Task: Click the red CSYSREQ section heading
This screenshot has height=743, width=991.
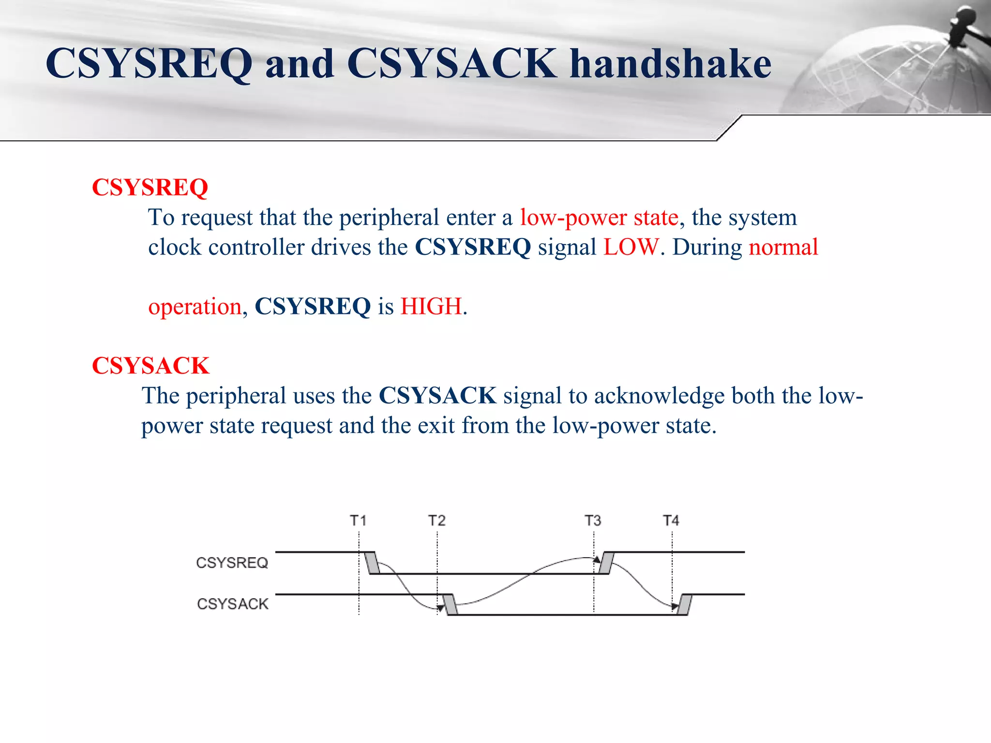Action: pos(150,188)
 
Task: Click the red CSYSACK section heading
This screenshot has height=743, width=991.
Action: pos(150,366)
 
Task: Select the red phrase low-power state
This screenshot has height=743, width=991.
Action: pos(599,218)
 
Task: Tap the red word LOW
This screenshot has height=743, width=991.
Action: pos(631,248)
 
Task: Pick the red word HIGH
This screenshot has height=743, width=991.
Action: pos(431,307)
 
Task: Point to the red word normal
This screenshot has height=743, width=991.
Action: pos(783,248)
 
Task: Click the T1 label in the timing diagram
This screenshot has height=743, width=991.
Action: pos(358,521)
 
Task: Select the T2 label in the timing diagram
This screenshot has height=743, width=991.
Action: pos(436,521)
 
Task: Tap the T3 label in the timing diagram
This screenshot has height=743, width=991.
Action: pos(593,521)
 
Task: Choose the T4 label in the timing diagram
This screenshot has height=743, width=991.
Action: pos(671,521)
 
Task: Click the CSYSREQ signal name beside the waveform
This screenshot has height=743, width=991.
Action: pos(232,563)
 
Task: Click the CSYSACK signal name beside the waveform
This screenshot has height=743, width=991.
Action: pos(232,604)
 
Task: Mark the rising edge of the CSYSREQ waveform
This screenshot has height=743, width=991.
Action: pos(606,563)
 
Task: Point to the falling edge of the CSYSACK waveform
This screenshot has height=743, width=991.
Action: pos(450,605)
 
